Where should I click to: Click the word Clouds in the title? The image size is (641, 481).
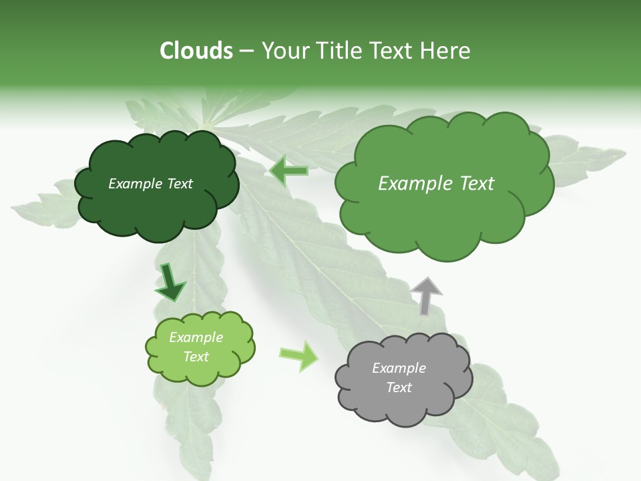[196, 51]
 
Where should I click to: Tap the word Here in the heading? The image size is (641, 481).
[446, 51]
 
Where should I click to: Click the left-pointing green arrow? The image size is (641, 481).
[289, 170]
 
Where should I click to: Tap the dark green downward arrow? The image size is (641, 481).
[170, 282]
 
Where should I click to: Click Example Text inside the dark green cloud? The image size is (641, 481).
[150, 184]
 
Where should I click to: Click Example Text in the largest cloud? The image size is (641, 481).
[436, 184]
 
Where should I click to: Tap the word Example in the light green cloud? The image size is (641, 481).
[196, 337]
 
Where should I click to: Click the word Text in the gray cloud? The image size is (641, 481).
[399, 387]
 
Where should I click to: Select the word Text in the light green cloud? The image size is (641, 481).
[196, 357]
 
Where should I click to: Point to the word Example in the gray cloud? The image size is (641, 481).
[399, 368]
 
